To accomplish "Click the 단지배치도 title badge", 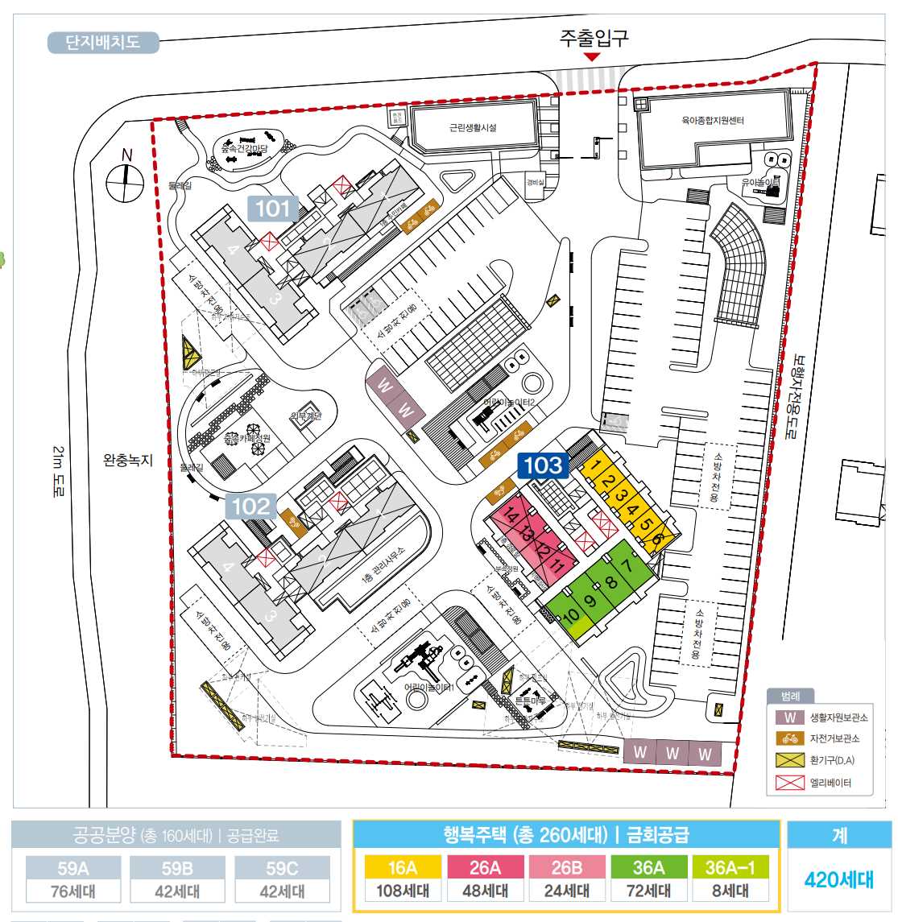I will (x=102, y=42).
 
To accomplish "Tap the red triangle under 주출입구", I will (x=592, y=56).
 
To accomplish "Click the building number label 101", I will (x=272, y=209).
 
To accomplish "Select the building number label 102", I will (x=250, y=506).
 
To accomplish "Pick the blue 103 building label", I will (x=543, y=465).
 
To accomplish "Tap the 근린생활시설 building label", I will (x=473, y=128).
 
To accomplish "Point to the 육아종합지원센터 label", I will (x=712, y=121).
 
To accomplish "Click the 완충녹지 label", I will (x=127, y=461).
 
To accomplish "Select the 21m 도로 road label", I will (x=59, y=470).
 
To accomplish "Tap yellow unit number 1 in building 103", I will (x=595, y=465).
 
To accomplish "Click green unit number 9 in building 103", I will (x=590, y=600).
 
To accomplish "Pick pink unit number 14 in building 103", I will (x=510, y=517).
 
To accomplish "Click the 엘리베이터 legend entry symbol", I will (x=790, y=783).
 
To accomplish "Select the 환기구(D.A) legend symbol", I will (x=790, y=760).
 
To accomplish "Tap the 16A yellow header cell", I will (x=402, y=867).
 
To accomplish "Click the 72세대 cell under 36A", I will (x=648, y=891).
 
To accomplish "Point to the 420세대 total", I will (x=838, y=879).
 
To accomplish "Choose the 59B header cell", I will (x=177, y=868).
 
